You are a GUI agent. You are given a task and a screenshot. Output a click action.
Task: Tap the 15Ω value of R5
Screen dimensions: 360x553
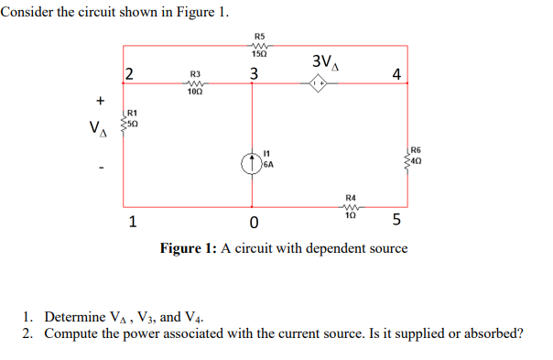pyautogui.click(x=258, y=55)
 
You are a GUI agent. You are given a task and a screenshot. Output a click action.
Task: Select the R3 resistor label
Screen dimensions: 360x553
pyautogui.click(x=194, y=72)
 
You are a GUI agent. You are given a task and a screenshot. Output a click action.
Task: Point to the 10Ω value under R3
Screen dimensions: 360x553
pyautogui.click(x=194, y=92)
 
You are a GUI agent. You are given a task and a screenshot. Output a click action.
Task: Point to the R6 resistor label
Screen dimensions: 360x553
pyautogui.click(x=417, y=148)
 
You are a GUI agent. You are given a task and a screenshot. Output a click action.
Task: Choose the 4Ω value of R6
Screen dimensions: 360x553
pyautogui.click(x=417, y=158)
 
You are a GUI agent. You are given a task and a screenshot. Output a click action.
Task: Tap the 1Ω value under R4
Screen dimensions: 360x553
pyautogui.click(x=350, y=216)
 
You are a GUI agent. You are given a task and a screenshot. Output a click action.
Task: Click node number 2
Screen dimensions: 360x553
pyautogui.click(x=129, y=73)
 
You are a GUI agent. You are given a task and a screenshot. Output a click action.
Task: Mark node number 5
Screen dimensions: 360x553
pyautogui.click(x=396, y=221)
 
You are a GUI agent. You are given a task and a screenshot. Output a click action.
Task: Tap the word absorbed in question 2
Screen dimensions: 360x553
pyautogui.click(x=491, y=333)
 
